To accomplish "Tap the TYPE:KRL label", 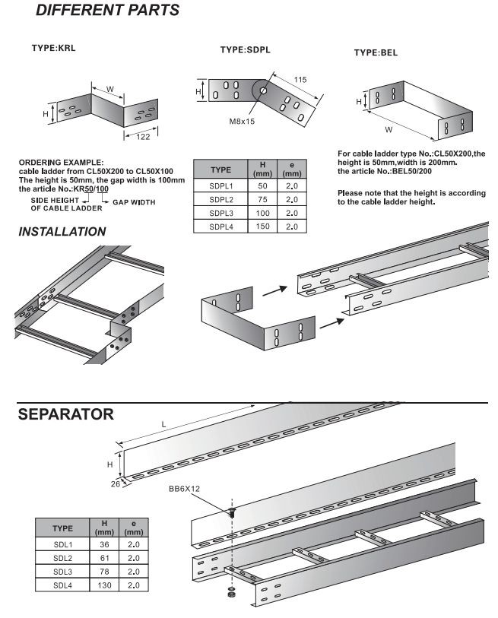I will [53, 47].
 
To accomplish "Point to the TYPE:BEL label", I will [376, 53].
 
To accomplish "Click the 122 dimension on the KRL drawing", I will [143, 137].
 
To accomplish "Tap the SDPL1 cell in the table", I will [220, 185].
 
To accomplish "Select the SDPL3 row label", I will [220, 213].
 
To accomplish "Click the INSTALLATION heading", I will [60, 231].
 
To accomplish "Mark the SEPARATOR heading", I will [66, 414].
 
